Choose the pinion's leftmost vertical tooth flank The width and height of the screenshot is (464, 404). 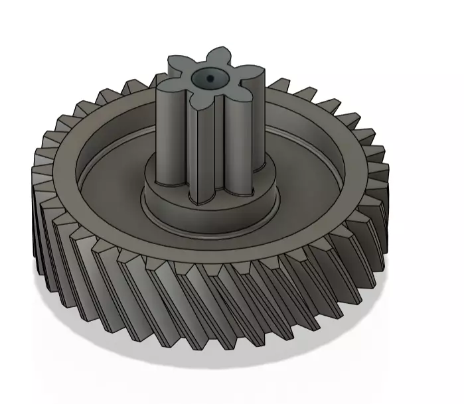pyautogui.click(x=163, y=133)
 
